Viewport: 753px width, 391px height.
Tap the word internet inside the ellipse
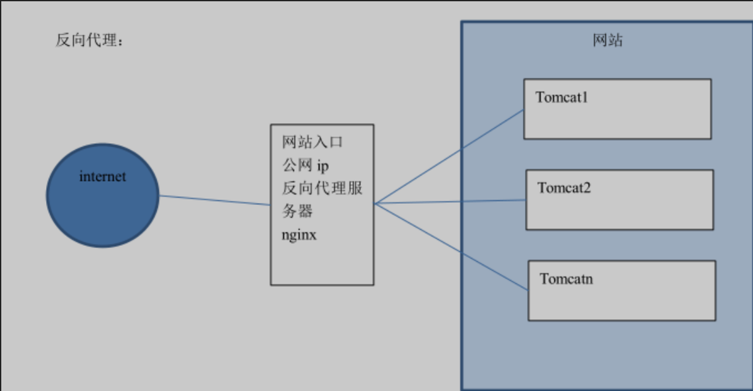point(103,177)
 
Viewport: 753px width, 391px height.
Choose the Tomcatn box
point(621,300)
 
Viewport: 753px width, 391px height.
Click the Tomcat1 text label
point(562,97)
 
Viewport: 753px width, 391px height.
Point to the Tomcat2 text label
point(565,188)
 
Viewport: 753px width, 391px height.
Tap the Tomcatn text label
point(566,279)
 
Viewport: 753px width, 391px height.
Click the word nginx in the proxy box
point(299,235)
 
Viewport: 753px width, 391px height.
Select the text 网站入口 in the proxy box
point(313,142)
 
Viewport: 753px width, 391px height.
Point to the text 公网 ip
point(306,165)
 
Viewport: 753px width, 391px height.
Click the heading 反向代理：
point(89,42)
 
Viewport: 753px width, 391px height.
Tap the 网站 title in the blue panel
point(608,41)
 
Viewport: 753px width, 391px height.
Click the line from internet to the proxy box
point(214,200)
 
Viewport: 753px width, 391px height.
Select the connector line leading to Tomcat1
point(449,156)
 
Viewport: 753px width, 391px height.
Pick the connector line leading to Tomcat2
point(451,202)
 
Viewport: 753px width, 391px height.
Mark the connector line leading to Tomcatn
point(451,247)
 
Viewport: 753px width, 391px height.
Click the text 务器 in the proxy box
point(297,211)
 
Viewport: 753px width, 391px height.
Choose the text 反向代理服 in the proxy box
point(322,188)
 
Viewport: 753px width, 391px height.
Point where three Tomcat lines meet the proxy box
point(375,204)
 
